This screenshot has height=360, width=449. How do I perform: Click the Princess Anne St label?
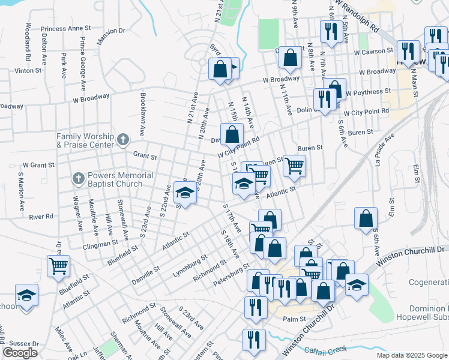pos(66,28)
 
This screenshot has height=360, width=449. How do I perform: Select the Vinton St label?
pos(28,70)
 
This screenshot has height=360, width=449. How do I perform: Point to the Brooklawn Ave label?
pos(143,113)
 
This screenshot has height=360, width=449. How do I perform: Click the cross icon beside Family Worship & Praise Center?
pos(122,140)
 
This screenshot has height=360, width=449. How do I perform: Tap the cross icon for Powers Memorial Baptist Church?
pos(78,178)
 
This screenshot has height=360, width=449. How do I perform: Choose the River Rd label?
pos(41,216)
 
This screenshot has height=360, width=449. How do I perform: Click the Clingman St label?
pos(102,244)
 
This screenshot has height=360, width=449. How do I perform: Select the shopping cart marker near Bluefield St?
pos(58,266)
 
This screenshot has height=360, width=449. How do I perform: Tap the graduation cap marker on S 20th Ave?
pos(185,193)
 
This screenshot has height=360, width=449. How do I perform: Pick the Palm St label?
pos(295,319)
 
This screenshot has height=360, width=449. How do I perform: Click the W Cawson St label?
pos(373,52)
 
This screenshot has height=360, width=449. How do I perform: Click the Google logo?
pos(20,353)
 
